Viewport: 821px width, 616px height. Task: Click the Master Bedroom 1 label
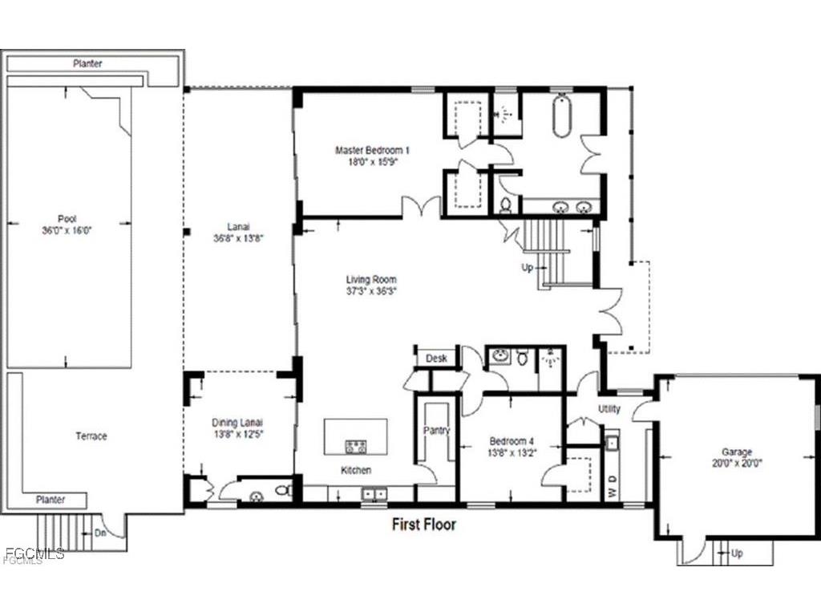372,150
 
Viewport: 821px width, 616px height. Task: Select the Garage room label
736,452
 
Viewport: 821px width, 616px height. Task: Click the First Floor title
423,525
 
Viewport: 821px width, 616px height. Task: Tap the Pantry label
436,431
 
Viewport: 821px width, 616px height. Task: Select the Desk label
436,359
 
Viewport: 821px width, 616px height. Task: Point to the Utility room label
609,409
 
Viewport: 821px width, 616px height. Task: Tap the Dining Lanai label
237,423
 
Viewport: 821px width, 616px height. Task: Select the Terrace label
91,436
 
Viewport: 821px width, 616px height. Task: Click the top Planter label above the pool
87,63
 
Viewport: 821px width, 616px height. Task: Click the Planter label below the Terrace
50,499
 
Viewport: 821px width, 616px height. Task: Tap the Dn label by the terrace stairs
101,531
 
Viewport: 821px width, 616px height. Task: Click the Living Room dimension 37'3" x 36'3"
372,290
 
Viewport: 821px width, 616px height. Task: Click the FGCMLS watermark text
34,553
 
